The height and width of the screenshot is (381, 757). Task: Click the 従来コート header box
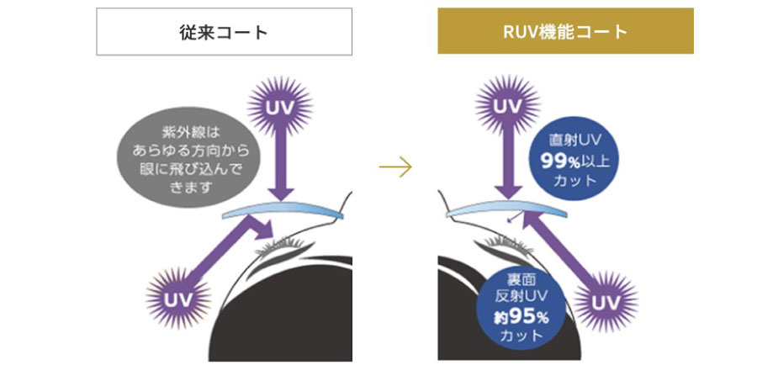pyautogui.click(x=224, y=32)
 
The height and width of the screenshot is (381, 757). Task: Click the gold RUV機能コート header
pyautogui.click(x=565, y=32)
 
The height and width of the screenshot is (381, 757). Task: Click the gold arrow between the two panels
pyautogui.click(x=395, y=167)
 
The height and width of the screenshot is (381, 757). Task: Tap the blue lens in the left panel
pyautogui.click(x=282, y=211)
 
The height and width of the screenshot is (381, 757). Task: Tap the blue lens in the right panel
pyautogui.click(x=505, y=211)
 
